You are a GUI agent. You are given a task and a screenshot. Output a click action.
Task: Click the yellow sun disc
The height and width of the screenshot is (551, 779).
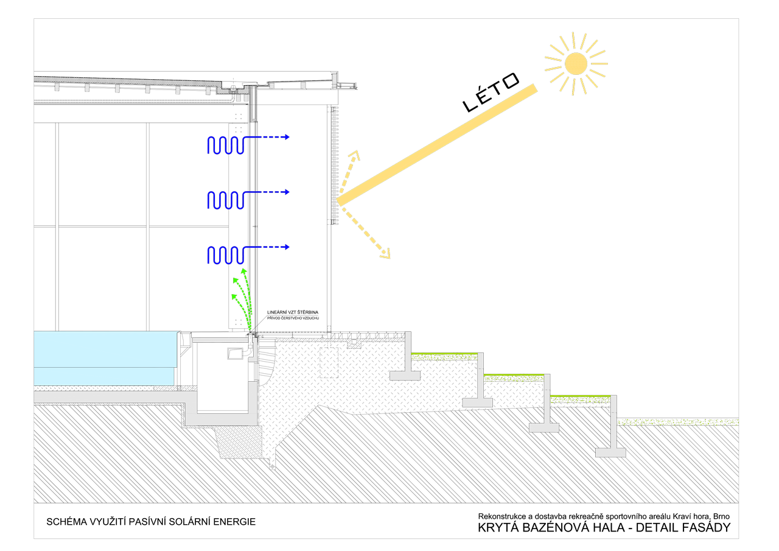click(576, 63)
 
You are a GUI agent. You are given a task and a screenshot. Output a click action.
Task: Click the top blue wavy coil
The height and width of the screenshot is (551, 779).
click(226, 146)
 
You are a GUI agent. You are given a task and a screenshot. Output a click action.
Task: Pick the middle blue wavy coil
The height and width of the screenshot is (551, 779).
click(226, 200)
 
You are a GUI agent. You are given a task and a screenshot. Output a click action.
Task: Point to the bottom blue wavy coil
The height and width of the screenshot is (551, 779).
click(226, 255)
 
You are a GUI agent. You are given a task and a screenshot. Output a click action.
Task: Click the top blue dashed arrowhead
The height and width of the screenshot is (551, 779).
click(286, 138)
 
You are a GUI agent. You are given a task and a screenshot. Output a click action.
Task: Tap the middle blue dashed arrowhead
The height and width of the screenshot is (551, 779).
click(286, 192)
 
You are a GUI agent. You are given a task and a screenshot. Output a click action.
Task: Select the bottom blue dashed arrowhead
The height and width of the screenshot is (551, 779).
click(286, 247)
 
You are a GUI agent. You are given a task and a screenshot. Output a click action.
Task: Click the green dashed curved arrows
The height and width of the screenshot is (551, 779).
click(244, 298)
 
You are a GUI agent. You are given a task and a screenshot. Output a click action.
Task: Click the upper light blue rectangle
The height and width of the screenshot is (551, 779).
click(105, 349)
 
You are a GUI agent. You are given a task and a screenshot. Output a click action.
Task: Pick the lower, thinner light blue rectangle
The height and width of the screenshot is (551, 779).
click(103, 376)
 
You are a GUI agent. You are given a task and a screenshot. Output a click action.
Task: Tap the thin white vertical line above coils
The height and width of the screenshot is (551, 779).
click(253, 104)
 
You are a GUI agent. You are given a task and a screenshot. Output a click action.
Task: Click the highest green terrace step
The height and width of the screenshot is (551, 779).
click(444, 356)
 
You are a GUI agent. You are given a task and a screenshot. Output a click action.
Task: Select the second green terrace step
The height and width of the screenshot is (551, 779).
click(514, 377)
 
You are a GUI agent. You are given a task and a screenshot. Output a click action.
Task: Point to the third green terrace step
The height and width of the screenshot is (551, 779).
click(581, 399)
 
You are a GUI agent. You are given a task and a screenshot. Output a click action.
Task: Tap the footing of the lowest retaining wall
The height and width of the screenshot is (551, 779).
click(610, 452)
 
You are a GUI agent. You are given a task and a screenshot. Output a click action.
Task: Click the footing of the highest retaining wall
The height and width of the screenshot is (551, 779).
click(405, 376)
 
